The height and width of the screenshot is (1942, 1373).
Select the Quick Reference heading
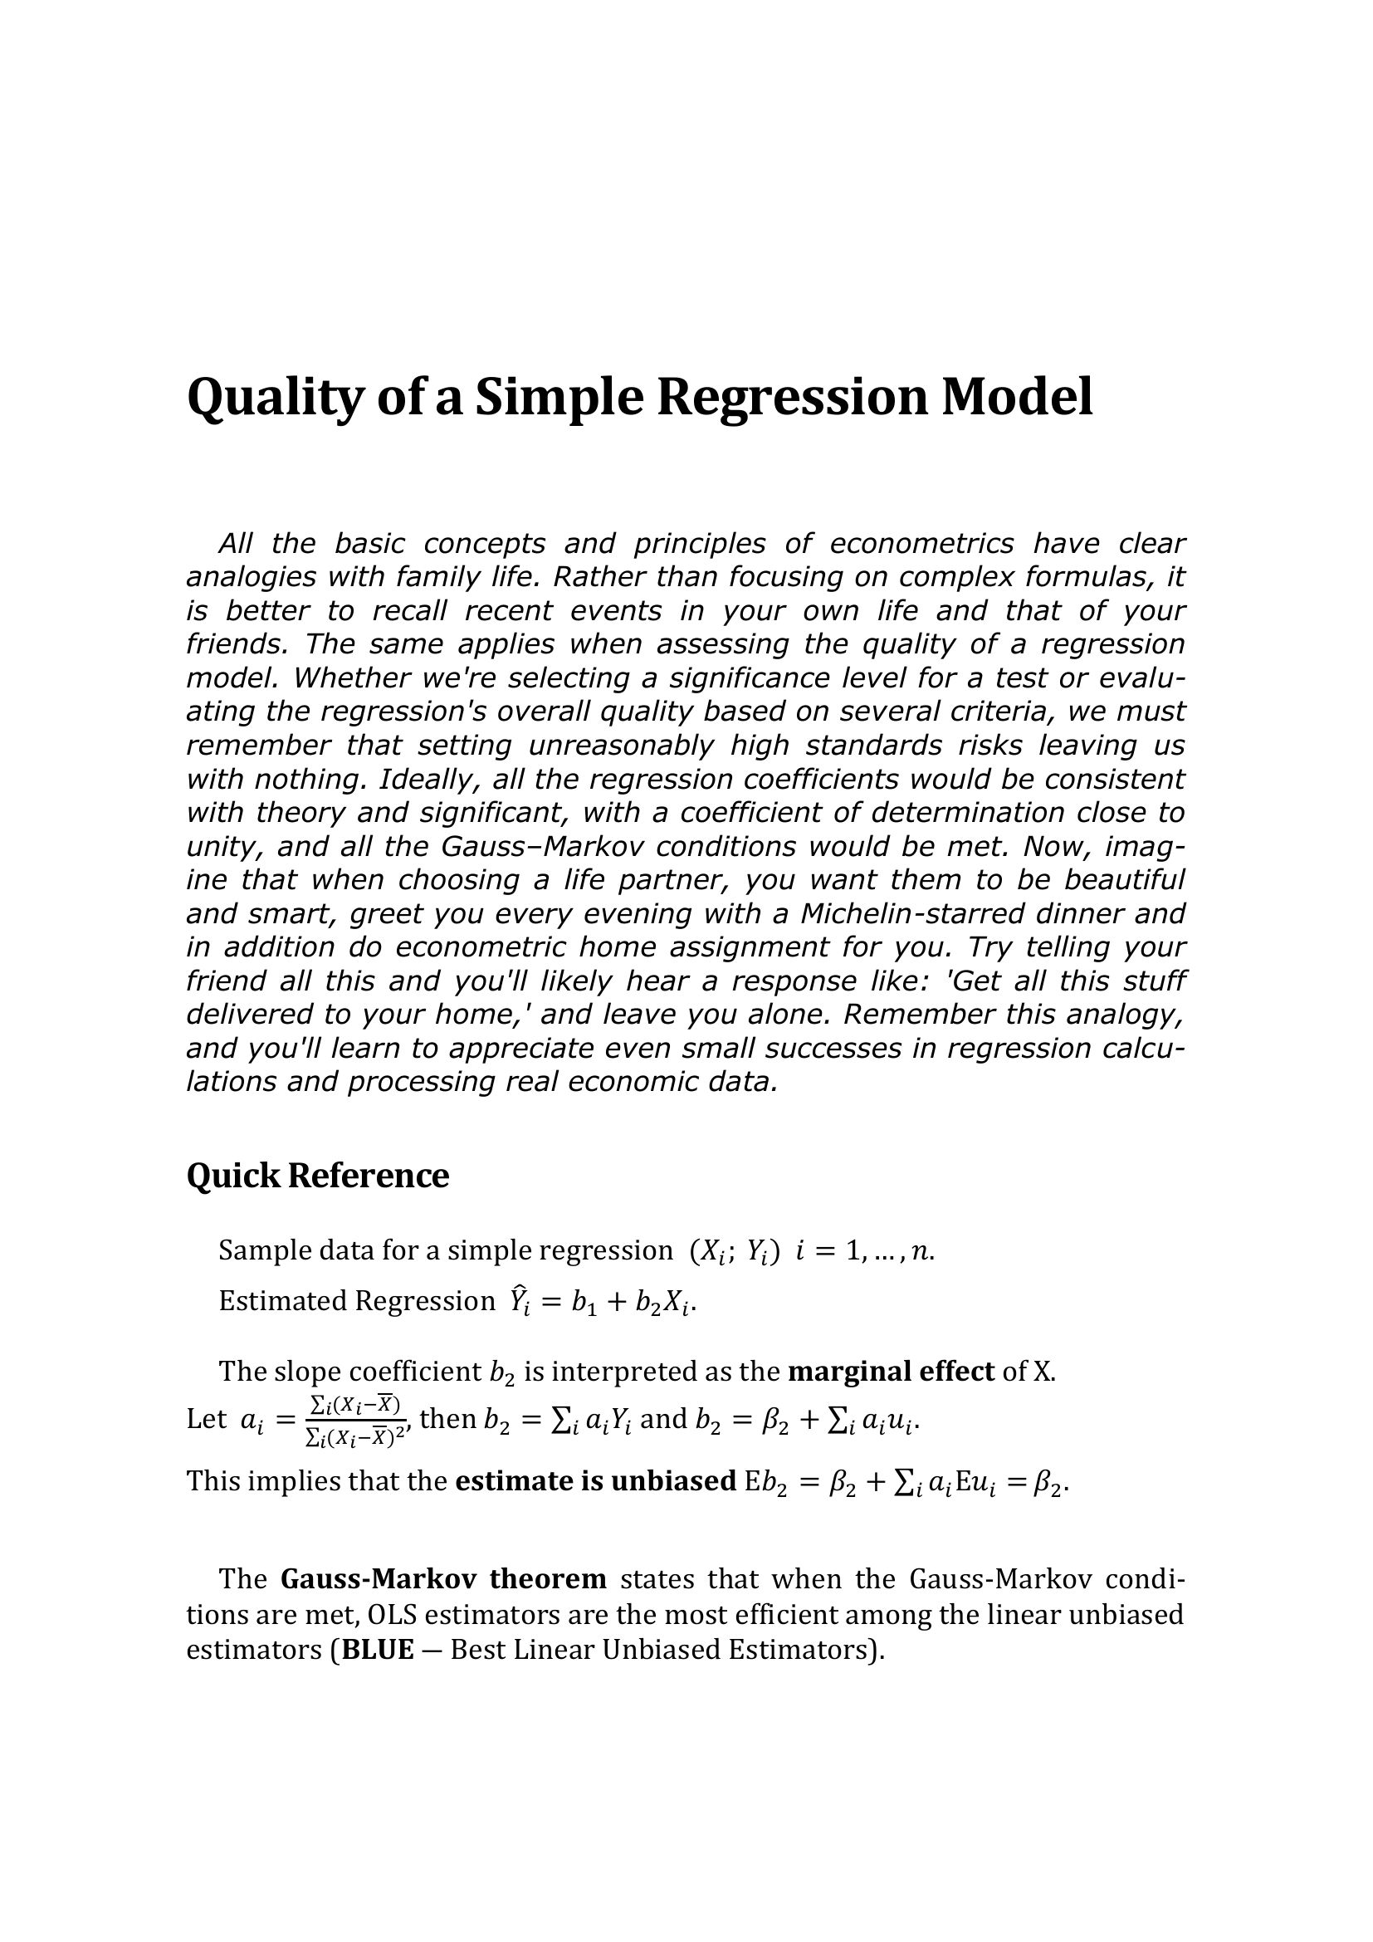[317, 1175]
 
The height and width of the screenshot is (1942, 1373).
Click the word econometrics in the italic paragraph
[921, 543]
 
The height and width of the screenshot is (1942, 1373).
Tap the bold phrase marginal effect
[890, 1371]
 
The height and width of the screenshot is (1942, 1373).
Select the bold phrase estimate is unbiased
[595, 1481]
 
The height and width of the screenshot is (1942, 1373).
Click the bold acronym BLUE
[377, 1651]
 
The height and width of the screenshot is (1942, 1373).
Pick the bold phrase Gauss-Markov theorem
[443, 1579]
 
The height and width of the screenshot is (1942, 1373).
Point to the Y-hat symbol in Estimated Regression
[518, 1303]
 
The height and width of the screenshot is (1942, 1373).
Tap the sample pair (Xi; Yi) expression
[735, 1250]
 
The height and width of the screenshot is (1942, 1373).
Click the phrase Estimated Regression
[356, 1301]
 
